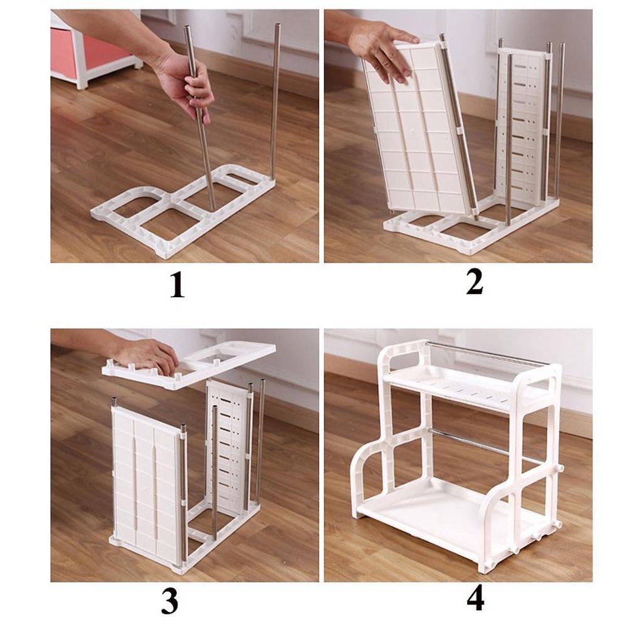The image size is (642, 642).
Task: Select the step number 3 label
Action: point(169,603)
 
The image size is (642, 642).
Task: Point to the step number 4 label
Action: point(475,599)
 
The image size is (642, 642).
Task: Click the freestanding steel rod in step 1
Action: point(275,100)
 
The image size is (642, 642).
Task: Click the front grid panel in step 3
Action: point(144,483)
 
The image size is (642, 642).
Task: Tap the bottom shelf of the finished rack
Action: point(439,514)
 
